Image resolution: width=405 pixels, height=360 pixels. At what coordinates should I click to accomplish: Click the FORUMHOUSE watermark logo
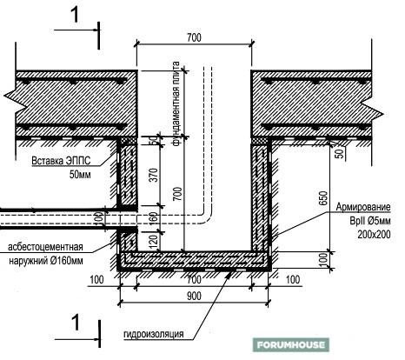click(x=291, y=345)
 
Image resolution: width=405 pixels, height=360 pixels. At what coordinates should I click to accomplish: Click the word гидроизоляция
click(x=154, y=334)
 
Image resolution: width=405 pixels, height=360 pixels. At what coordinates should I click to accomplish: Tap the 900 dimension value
click(x=194, y=296)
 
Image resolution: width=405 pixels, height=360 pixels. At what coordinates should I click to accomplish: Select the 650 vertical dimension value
click(x=323, y=198)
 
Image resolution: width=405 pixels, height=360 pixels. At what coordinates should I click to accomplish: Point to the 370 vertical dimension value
click(x=154, y=175)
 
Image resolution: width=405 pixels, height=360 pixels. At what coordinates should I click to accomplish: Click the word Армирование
click(x=363, y=207)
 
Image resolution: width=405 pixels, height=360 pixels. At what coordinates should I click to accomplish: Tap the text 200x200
click(x=374, y=234)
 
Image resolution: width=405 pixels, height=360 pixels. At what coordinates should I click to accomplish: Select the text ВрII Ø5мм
click(x=370, y=221)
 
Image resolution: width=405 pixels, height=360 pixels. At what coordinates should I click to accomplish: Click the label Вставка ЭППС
click(x=61, y=161)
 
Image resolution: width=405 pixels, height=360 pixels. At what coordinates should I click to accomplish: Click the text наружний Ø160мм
click(x=46, y=261)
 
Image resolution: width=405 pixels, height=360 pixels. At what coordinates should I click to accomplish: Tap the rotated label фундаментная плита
click(x=176, y=103)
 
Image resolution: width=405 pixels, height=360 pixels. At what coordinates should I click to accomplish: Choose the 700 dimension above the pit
click(x=194, y=37)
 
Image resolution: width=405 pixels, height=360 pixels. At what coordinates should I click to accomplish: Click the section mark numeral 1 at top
click(x=76, y=15)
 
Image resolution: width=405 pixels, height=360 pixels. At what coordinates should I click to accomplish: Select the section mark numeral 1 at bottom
click(x=76, y=323)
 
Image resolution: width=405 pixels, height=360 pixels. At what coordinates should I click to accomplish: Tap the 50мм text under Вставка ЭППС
click(x=80, y=175)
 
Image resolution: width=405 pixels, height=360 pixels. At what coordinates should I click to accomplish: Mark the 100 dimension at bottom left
click(x=96, y=280)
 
